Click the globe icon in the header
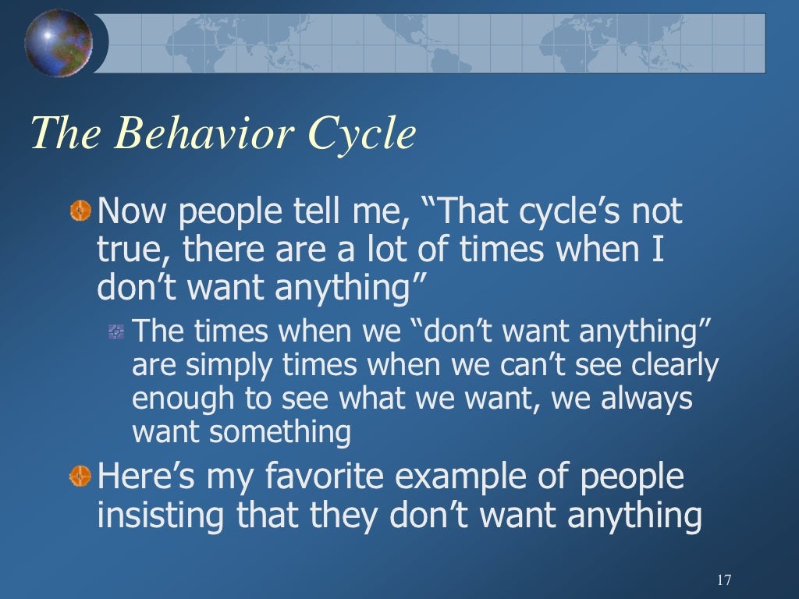point(59,42)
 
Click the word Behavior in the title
point(204,133)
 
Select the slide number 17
point(723,580)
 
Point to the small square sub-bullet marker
point(116,332)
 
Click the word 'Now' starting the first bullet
point(126,211)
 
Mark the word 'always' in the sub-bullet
point(645,399)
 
